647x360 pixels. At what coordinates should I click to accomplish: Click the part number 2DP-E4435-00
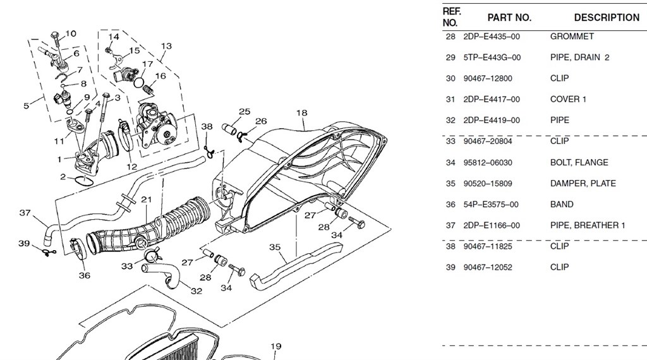(x=492, y=37)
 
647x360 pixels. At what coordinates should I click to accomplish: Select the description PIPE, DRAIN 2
(x=579, y=57)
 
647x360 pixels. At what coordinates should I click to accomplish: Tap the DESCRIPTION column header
(x=606, y=18)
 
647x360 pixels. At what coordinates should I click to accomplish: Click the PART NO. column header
(x=509, y=18)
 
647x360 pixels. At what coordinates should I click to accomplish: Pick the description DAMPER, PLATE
(x=583, y=183)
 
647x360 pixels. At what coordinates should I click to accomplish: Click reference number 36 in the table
(x=450, y=204)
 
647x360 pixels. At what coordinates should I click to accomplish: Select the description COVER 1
(x=568, y=99)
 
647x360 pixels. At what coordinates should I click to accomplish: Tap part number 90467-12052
(x=488, y=267)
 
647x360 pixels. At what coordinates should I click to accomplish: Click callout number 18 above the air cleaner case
(x=301, y=113)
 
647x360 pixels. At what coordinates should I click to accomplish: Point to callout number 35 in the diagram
(x=275, y=247)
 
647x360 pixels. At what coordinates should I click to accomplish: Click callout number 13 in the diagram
(x=166, y=46)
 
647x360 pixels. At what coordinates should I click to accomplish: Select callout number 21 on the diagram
(x=147, y=200)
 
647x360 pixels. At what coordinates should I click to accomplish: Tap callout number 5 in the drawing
(x=27, y=105)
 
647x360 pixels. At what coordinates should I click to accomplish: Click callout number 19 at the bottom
(x=275, y=346)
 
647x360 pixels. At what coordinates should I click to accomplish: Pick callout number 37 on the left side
(x=25, y=213)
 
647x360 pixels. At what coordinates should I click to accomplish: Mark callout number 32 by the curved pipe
(x=197, y=291)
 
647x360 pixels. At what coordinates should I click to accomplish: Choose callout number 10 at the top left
(x=71, y=33)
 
